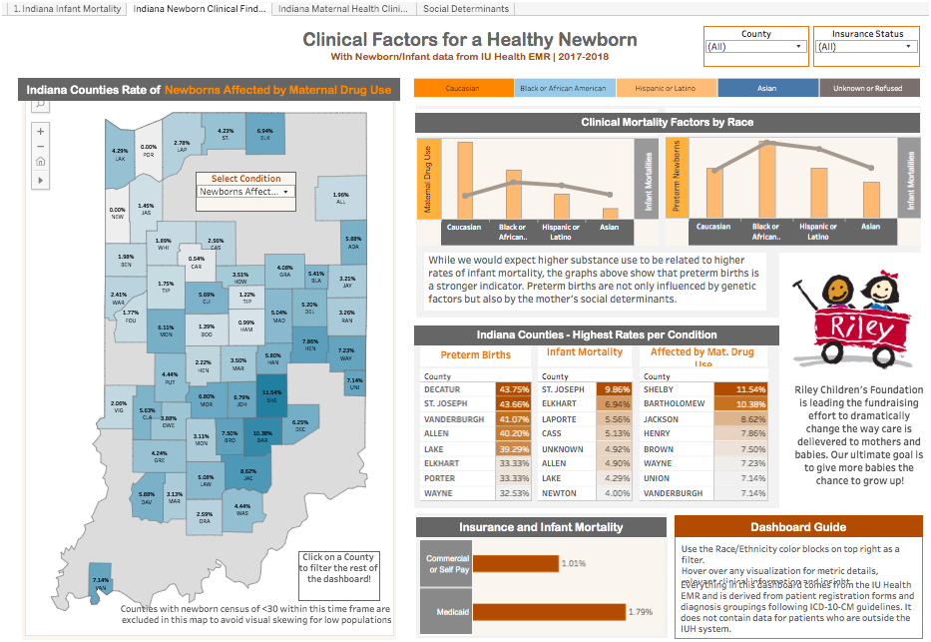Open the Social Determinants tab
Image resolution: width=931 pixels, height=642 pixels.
465,8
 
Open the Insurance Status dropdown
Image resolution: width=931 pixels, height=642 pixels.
866,47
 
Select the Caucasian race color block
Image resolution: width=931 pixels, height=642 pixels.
463,88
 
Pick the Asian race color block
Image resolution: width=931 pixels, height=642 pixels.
766,88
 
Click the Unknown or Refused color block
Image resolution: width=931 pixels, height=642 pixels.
867,88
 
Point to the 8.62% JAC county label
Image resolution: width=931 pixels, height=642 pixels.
249,473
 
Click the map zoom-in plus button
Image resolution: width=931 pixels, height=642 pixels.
40,131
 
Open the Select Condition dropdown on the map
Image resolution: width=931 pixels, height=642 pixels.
245,191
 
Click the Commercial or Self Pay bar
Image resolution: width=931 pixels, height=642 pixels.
514,563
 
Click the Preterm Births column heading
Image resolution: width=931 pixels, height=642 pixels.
476,354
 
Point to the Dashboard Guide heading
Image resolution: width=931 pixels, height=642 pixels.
797,527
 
